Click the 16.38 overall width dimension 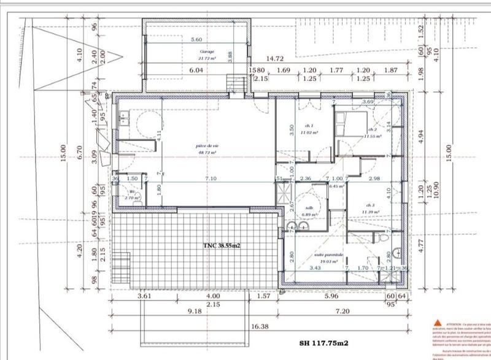260,327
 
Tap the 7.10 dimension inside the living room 211,178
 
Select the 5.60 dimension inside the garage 197,39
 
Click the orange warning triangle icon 437,322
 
